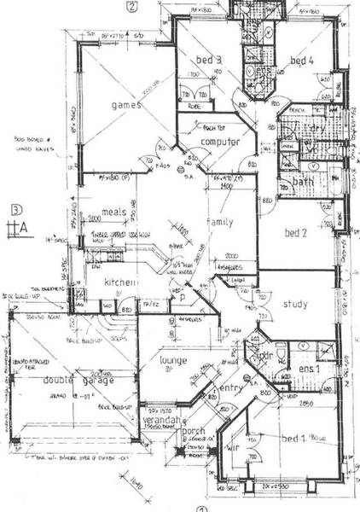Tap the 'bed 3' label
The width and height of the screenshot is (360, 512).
coord(207,60)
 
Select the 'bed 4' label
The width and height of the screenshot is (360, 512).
coord(303,61)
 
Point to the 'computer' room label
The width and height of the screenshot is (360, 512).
coord(218,141)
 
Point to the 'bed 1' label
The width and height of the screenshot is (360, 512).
coord(296,438)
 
